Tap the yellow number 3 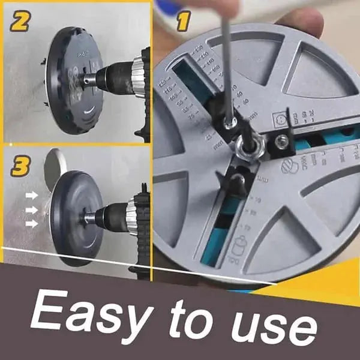click(x=20, y=166)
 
